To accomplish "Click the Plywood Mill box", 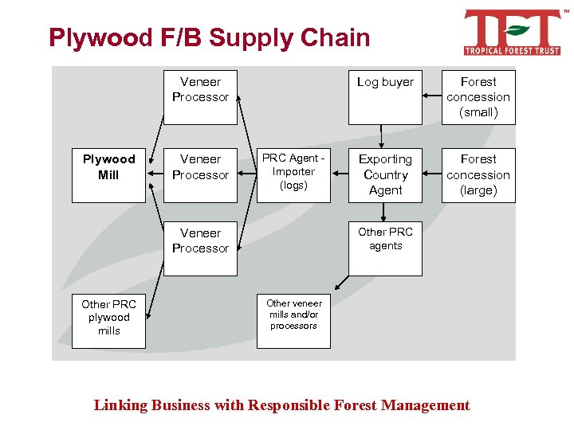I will [x=108, y=175].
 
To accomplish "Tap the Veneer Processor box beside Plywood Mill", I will [x=200, y=175].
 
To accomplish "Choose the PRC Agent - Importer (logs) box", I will [x=293, y=175].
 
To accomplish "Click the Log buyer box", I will [x=385, y=97].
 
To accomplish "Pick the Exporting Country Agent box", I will [x=385, y=175].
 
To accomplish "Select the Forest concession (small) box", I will [x=478, y=97].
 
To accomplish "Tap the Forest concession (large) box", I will [x=478, y=175].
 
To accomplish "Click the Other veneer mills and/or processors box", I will [x=293, y=321].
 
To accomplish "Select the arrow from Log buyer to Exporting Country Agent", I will [x=382, y=136].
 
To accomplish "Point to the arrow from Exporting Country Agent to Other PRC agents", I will [x=384, y=212].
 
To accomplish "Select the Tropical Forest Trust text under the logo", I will [x=513, y=51].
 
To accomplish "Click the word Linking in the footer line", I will [x=121, y=405].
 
